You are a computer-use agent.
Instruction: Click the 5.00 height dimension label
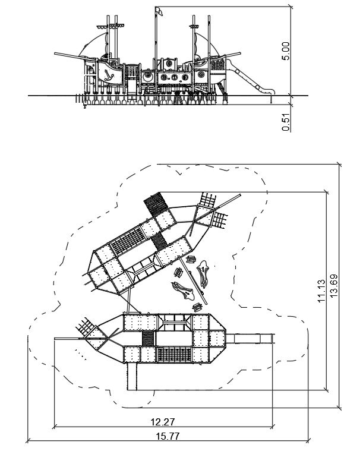286,51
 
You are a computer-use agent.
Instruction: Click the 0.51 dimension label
286,121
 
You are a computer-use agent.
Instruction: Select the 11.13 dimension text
321,292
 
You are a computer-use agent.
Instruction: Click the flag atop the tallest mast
159,11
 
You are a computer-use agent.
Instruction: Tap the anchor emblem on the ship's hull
109,73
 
